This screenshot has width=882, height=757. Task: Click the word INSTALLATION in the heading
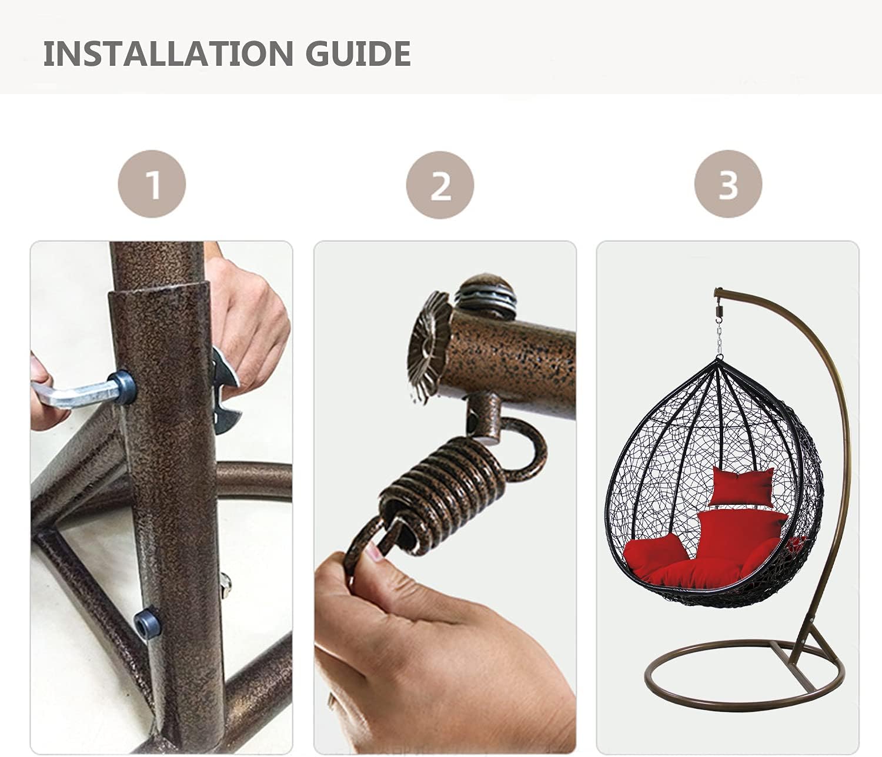click(168, 53)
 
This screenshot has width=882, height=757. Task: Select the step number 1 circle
click(152, 184)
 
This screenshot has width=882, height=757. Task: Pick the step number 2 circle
click(440, 185)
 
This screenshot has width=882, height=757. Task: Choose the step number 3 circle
click(728, 184)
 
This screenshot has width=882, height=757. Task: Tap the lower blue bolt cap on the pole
click(147, 624)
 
